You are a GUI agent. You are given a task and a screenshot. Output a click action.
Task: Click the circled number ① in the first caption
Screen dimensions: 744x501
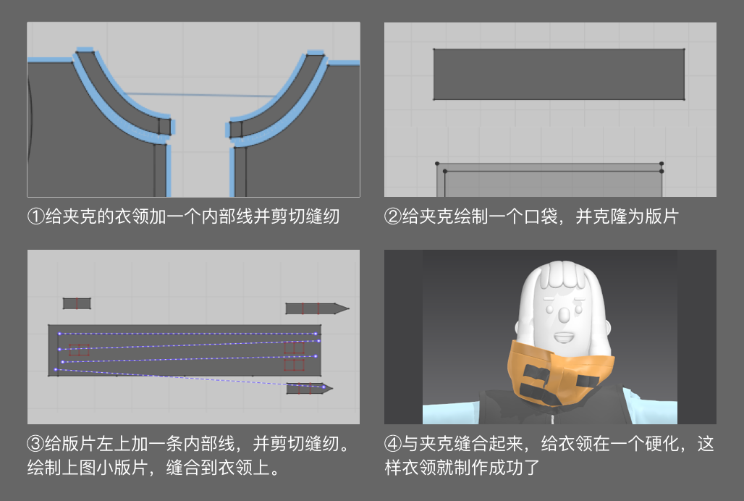click(36, 216)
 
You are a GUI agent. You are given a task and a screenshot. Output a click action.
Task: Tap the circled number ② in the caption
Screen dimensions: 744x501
click(393, 216)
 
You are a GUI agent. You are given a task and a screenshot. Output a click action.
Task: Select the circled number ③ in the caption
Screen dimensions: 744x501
click(36, 444)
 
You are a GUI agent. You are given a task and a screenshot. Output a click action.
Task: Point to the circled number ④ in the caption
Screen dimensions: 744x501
click(393, 444)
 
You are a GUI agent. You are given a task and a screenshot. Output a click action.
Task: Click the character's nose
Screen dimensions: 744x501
click(563, 314)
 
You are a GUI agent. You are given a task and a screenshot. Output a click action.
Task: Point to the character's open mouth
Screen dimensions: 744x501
click(565, 337)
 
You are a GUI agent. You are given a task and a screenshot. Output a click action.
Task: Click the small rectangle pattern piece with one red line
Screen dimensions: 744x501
click(77, 303)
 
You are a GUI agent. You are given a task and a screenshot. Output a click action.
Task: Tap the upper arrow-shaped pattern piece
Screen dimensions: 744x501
click(317, 309)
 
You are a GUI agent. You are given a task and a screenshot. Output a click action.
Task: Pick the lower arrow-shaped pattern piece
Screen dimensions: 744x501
click(309, 389)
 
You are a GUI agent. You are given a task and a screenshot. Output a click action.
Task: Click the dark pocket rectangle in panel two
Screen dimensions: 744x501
click(559, 75)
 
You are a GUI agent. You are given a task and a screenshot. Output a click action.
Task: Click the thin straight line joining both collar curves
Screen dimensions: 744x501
click(199, 95)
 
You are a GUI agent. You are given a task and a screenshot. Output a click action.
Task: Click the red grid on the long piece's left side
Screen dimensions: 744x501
click(79, 350)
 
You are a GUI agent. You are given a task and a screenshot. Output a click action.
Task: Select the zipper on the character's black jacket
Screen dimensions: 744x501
click(551, 418)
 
